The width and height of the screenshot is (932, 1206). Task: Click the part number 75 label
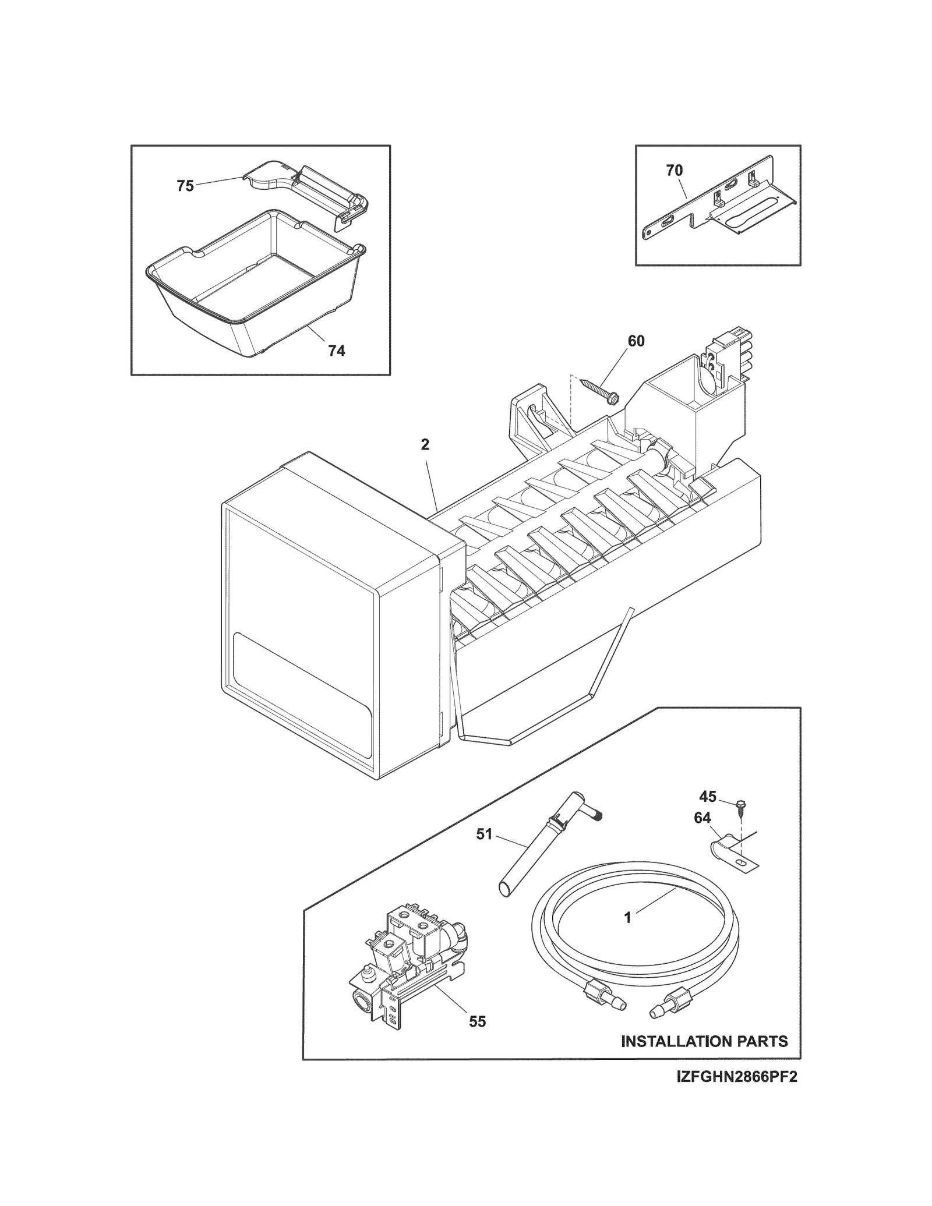tap(185, 186)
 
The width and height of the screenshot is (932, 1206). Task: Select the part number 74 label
tap(336, 351)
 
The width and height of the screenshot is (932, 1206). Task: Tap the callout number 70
tap(674, 171)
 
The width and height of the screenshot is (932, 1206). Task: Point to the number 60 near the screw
tap(636, 341)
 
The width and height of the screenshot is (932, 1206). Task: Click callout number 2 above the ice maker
tap(425, 445)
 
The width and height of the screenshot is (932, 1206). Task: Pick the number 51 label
tap(484, 834)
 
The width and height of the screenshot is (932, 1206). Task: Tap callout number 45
tap(708, 797)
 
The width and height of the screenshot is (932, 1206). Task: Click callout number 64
tap(702, 818)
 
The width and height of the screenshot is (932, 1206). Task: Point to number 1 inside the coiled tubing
tap(627, 934)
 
